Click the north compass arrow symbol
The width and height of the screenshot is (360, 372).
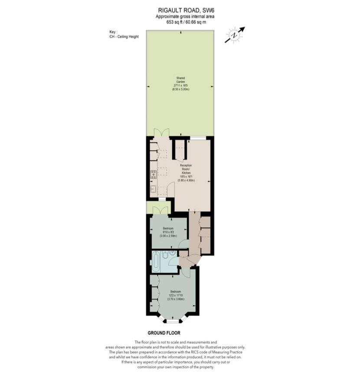(235, 35)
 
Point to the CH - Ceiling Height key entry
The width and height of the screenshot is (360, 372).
(124, 37)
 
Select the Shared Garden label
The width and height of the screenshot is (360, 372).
(180, 79)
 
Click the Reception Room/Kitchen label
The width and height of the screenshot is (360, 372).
(186, 169)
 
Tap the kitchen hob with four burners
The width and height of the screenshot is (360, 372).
(154, 175)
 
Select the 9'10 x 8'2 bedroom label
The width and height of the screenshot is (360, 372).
(168, 232)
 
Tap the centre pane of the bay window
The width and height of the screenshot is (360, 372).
(173, 322)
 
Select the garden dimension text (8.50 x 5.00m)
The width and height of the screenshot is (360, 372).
(180, 89)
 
